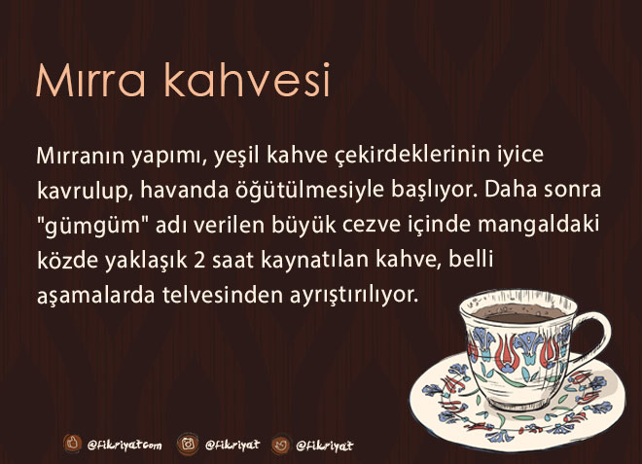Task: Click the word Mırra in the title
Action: [x=90, y=81]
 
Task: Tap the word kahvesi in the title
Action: [x=247, y=79]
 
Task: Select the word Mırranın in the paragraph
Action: [x=80, y=156]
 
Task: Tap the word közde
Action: [x=67, y=261]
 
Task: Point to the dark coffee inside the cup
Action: [x=517, y=313]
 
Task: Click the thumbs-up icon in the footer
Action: [x=73, y=443]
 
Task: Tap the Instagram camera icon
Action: [x=188, y=444]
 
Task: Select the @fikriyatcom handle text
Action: [x=125, y=445]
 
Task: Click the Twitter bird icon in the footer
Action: [x=281, y=445]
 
